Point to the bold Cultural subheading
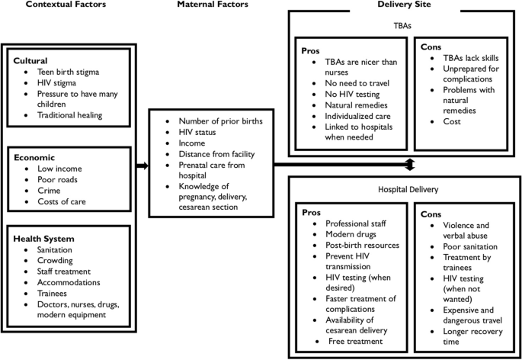pos(31,60)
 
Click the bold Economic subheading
pos(35,157)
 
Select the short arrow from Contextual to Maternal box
pos(141,164)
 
